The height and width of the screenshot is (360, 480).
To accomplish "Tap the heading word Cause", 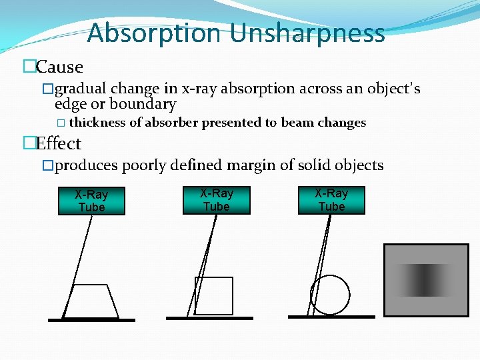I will (60, 67).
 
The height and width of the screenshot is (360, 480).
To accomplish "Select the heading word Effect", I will (59, 143).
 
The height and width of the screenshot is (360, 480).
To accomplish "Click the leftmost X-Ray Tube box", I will (91, 201).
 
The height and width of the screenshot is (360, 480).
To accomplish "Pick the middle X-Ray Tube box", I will (217, 200).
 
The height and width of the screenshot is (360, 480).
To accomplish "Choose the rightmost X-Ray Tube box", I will (331, 200).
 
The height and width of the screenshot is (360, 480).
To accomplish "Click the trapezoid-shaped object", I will (90, 301).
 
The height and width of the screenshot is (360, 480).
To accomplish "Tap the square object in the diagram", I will (214, 295).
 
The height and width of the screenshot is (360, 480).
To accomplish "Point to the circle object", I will (330, 294).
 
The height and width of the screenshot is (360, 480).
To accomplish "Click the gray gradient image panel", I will (427, 279).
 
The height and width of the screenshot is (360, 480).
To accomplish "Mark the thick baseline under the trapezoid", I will (91, 320).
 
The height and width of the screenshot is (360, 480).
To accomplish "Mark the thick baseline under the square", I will (209, 318).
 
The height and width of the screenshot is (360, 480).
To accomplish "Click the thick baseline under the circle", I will (331, 316).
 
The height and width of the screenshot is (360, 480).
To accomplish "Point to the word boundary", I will (143, 104).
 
